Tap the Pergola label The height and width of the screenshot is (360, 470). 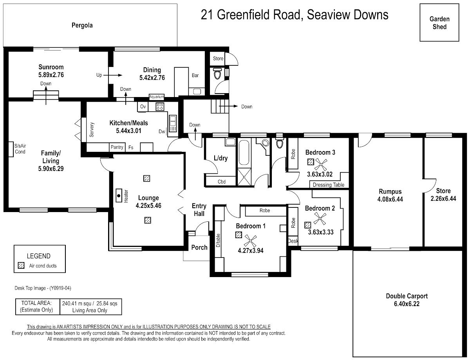[82, 25]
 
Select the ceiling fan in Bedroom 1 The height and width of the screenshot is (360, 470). [250, 241]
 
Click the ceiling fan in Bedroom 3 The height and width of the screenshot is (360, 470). [321, 165]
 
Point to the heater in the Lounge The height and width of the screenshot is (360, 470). [119, 196]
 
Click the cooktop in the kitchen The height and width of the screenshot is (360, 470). [160, 106]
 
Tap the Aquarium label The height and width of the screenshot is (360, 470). [157, 97]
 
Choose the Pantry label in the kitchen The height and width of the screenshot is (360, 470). [117, 147]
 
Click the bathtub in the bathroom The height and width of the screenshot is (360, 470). [244, 153]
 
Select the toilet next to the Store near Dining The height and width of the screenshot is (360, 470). [217, 74]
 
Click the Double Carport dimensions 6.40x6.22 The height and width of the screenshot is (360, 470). [407, 304]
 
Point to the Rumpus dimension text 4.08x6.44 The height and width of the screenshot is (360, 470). [390, 199]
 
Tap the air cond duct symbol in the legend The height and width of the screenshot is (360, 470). [21, 265]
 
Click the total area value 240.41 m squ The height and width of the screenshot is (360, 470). [77, 303]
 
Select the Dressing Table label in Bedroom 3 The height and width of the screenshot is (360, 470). [329, 185]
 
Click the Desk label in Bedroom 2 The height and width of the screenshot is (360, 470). [293, 241]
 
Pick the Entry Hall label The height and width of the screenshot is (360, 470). [199, 210]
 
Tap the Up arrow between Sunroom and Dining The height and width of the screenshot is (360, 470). [113, 75]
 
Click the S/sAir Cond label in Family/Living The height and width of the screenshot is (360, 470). [20, 149]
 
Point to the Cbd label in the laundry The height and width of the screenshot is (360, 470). [222, 182]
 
